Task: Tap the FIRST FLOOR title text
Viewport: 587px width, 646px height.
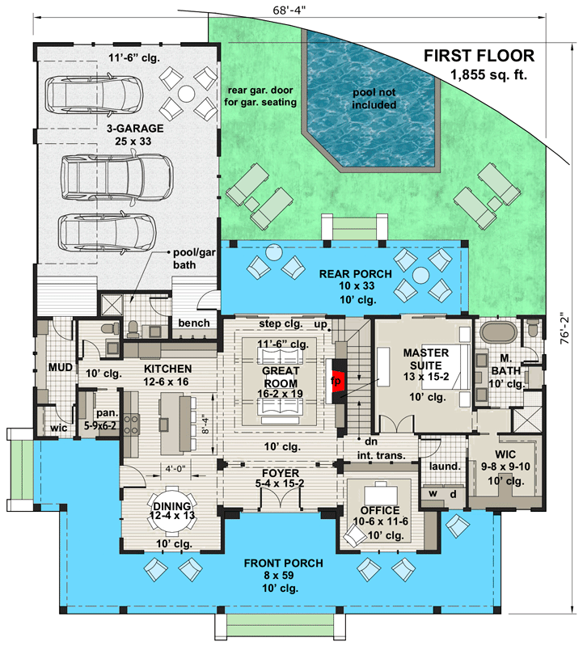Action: [x=479, y=56]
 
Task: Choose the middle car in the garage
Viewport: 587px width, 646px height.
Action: [x=117, y=171]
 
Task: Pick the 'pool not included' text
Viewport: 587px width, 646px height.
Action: [x=374, y=99]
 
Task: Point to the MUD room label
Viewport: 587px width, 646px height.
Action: [x=62, y=369]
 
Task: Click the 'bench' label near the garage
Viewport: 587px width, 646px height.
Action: [x=194, y=323]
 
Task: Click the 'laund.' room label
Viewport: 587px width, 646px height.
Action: [x=445, y=466]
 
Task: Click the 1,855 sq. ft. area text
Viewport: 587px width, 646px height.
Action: [x=492, y=75]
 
